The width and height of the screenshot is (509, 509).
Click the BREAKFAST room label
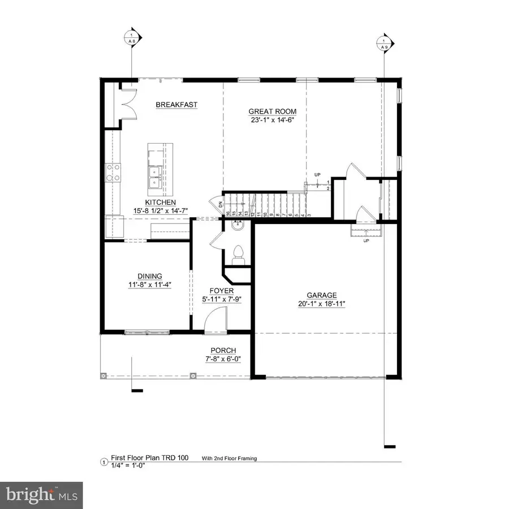pyautogui.click(x=176, y=105)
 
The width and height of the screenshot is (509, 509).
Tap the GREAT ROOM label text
pyautogui.click(x=273, y=111)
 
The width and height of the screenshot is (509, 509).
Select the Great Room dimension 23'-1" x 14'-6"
pyautogui.click(x=273, y=119)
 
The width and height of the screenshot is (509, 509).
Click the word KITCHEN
pyautogui.click(x=160, y=202)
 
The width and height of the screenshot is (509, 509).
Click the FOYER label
pyautogui.click(x=214, y=291)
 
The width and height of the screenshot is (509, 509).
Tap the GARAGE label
pyautogui.click(x=321, y=295)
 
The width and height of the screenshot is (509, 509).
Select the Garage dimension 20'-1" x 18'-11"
pyautogui.click(x=321, y=304)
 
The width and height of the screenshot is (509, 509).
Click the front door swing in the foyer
pyautogui.click(x=215, y=318)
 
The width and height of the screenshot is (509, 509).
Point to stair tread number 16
pyautogui.click(x=228, y=214)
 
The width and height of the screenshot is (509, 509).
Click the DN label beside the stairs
pyautogui.click(x=219, y=204)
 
